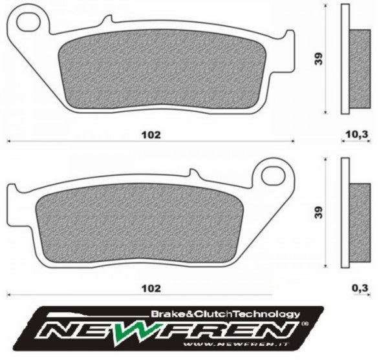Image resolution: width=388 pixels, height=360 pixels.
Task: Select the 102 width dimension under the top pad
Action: [150, 135]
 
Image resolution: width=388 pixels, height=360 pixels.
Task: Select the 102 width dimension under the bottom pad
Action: [150, 287]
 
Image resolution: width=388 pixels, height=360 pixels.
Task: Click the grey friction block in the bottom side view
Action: [361, 221]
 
